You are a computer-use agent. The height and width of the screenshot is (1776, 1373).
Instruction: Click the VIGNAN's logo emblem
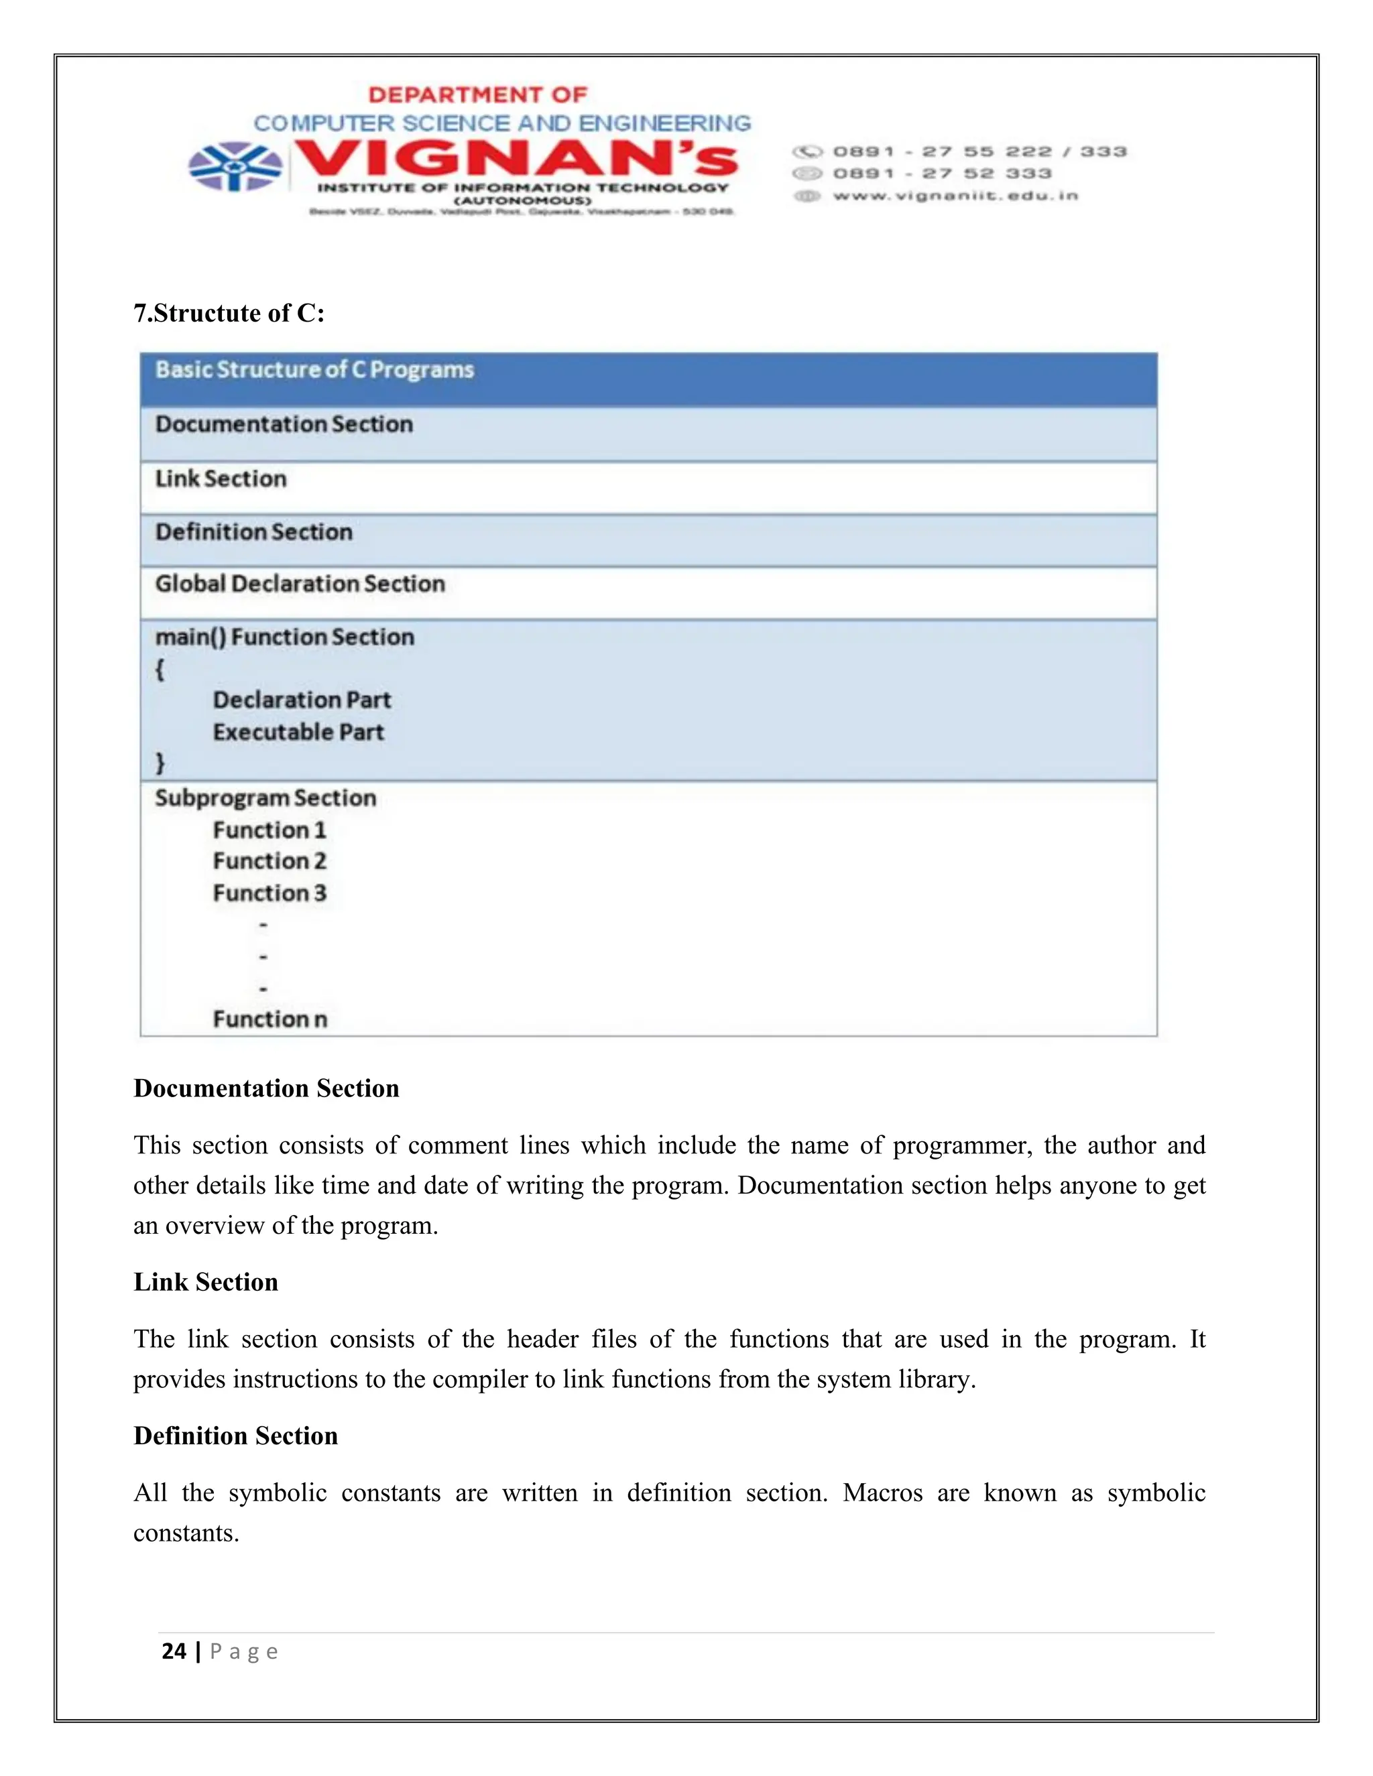[x=235, y=167]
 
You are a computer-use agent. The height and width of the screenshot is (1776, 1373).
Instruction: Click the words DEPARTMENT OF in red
[x=477, y=95]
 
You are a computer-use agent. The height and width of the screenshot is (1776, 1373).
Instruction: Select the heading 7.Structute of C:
[x=229, y=313]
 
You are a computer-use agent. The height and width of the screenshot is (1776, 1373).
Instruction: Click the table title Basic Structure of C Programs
[x=315, y=370]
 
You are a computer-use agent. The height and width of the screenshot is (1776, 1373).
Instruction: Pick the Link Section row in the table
[x=221, y=479]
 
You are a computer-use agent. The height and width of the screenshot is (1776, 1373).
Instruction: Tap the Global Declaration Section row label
[x=300, y=584]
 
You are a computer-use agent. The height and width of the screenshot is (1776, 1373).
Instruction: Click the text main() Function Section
[x=285, y=637]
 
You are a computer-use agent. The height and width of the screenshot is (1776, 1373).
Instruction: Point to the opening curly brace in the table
[x=160, y=670]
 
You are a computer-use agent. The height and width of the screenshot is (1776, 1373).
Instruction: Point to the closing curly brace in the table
[x=160, y=763]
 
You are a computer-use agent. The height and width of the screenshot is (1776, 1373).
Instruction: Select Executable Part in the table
[x=298, y=732]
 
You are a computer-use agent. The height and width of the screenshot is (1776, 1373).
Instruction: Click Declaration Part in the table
[x=302, y=700]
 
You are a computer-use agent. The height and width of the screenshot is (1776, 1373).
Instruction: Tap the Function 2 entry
[x=270, y=861]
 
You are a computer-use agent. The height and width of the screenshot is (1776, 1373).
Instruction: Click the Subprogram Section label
[x=266, y=798]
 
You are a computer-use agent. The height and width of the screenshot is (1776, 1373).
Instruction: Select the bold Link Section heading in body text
[x=206, y=1282]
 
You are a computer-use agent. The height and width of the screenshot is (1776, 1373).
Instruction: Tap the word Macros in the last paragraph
[x=882, y=1493]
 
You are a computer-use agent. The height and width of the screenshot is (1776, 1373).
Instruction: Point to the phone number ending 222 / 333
[x=979, y=152]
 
